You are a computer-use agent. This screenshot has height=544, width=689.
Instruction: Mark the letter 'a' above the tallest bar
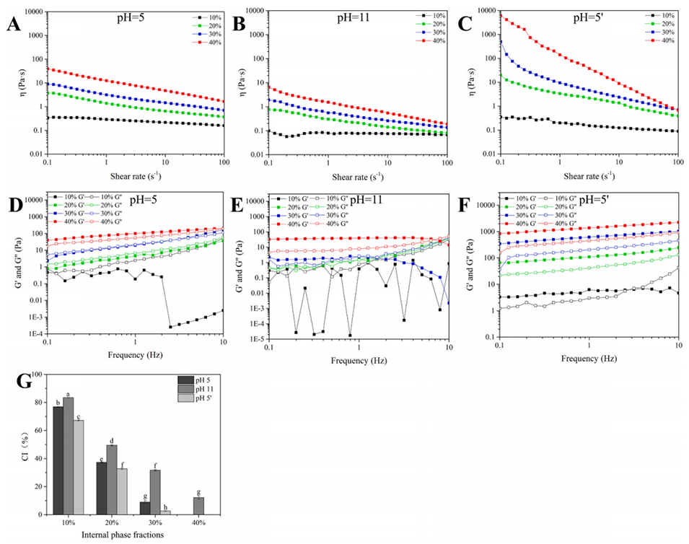69,393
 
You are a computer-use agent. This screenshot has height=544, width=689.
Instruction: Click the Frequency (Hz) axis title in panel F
587,357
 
